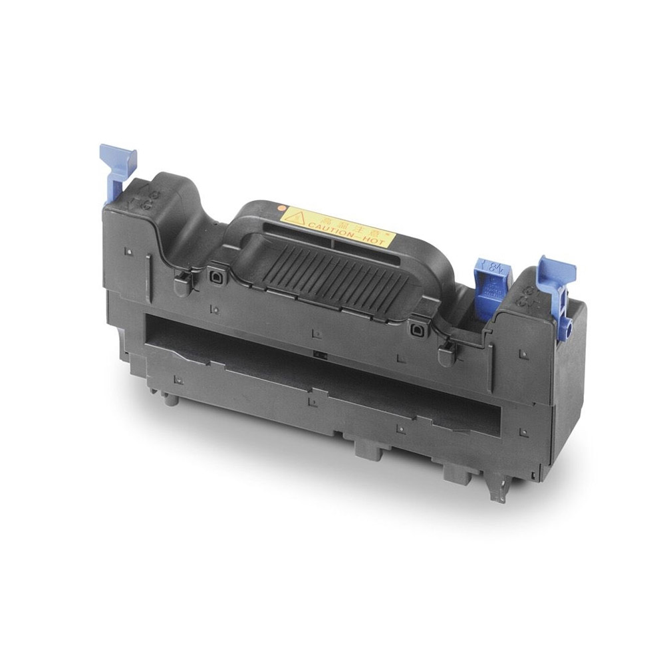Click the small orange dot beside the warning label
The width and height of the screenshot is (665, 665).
coord(280,207)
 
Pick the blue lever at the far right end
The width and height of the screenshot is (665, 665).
coord(555,279)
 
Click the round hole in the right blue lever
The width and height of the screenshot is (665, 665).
coord(569,326)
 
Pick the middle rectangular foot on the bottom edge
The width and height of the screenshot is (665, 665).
coord(368,447)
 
